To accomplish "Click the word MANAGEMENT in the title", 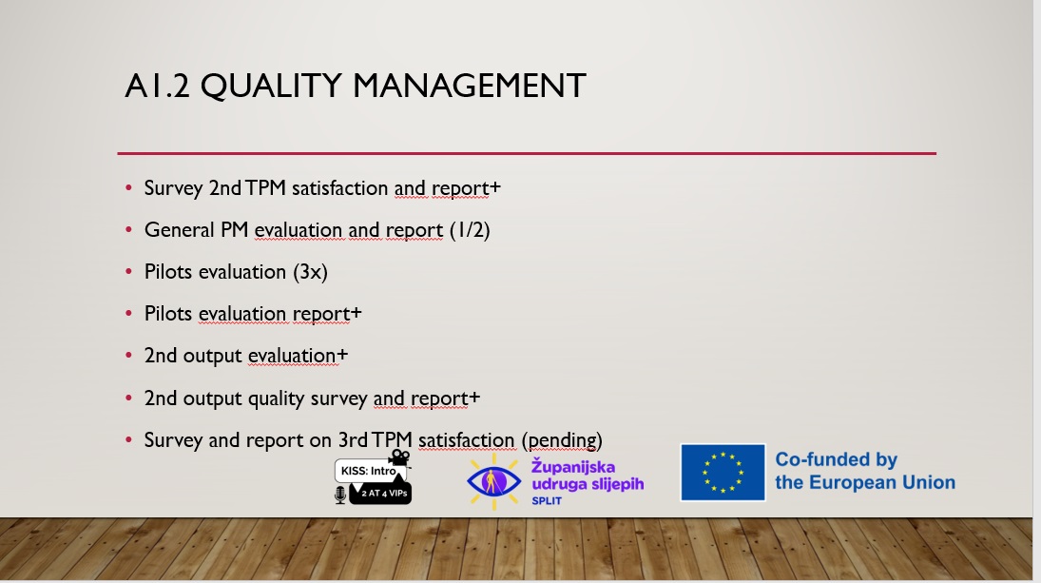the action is pos(469,86).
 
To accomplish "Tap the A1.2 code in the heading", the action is pos(158,86).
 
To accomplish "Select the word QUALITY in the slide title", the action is pos(271,87).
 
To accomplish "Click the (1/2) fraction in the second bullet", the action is pos(470,230).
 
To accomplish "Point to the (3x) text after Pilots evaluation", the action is pos(310,272).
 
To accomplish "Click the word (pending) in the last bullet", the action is pos(562,440).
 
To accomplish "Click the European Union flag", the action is pos(723,472).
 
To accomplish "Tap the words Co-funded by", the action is pos(837,459).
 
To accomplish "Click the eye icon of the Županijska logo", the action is pos(494,480).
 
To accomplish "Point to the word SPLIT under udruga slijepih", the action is pos(547,500).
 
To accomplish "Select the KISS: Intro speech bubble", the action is pos(369,470).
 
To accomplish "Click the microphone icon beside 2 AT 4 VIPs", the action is pos(340,495).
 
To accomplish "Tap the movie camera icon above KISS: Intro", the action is pos(399,457).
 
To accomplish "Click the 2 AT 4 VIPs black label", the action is pos(381,493).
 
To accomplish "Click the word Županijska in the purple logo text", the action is pos(573,467).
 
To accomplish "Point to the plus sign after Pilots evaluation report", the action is pos(356,312).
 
